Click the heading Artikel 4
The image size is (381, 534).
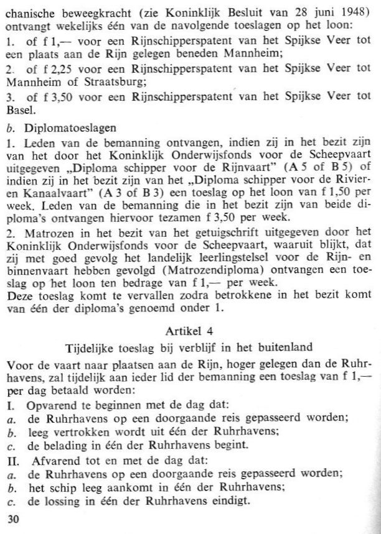(190, 330)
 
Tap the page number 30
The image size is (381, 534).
(12, 518)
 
